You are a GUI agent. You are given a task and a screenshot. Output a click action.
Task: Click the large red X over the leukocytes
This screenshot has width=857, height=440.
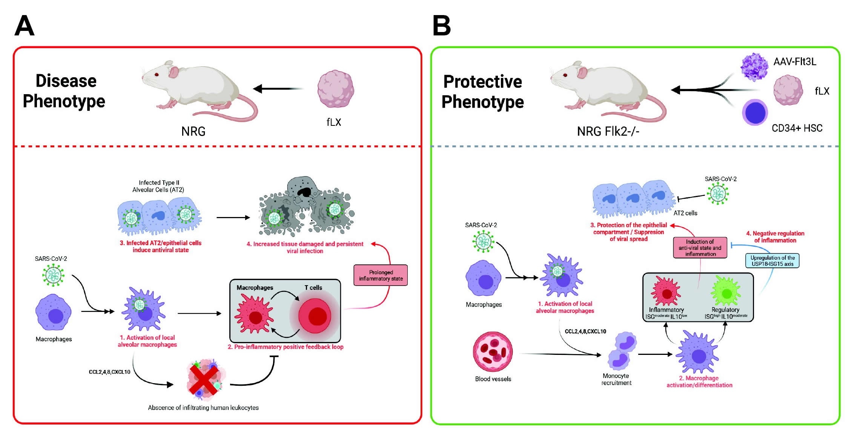[x=204, y=380]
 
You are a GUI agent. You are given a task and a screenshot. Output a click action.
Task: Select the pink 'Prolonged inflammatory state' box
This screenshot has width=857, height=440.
[x=380, y=275]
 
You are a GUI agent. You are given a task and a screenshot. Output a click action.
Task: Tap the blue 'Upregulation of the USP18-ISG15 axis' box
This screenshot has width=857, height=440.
[x=772, y=261]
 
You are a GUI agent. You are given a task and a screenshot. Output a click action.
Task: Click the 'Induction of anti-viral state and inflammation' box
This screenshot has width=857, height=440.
[x=700, y=247]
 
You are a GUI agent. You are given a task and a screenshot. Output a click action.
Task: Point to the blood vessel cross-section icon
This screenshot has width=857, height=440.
[x=493, y=352]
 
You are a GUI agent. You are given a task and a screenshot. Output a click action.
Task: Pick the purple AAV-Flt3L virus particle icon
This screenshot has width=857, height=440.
[x=754, y=67]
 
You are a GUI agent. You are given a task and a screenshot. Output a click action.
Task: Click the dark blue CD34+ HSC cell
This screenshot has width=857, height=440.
[x=754, y=112]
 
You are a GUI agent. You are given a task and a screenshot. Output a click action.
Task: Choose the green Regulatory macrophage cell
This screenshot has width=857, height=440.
[x=725, y=292]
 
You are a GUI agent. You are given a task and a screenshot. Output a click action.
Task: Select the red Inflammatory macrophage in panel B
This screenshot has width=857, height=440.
[x=666, y=292]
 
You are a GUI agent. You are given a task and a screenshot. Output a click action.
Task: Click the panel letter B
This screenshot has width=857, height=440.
[x=441, y=26]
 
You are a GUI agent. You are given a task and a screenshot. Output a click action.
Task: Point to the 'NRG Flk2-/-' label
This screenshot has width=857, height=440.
[x=608, y=131]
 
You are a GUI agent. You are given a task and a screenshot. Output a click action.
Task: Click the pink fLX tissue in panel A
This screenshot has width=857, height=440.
[x=335, y=89]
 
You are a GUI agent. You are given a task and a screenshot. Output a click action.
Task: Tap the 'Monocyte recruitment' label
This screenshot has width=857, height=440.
[x=616, y=379]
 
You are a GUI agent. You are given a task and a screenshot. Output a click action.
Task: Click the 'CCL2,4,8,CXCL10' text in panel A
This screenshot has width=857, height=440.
[x=109, y=372]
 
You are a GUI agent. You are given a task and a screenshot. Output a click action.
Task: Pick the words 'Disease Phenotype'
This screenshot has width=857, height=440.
[x=64, y=91]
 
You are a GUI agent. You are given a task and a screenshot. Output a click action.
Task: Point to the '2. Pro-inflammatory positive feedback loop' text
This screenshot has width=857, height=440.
[x=286, y=347]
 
